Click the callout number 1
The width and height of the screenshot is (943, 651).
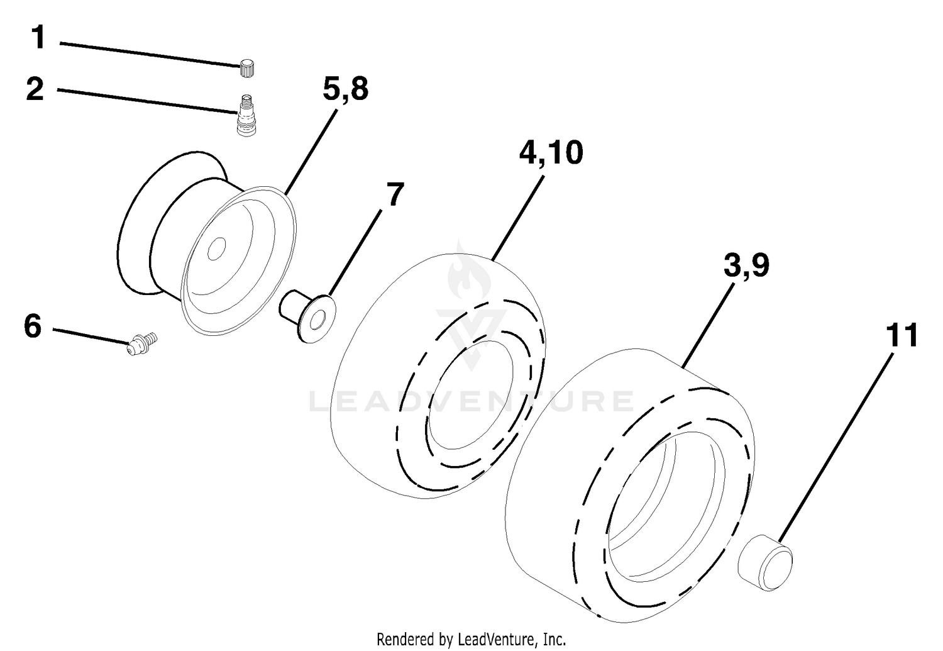39,38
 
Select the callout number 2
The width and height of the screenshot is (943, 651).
35,89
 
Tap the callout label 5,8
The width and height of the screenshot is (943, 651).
346,90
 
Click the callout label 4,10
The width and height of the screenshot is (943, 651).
551,153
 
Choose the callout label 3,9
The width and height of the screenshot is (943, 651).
747,266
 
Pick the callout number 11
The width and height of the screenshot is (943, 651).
902,336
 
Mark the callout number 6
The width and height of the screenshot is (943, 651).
33,326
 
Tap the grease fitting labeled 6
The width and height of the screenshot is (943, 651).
142,343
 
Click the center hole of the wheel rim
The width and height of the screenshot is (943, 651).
217,249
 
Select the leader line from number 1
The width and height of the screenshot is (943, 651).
150,54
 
